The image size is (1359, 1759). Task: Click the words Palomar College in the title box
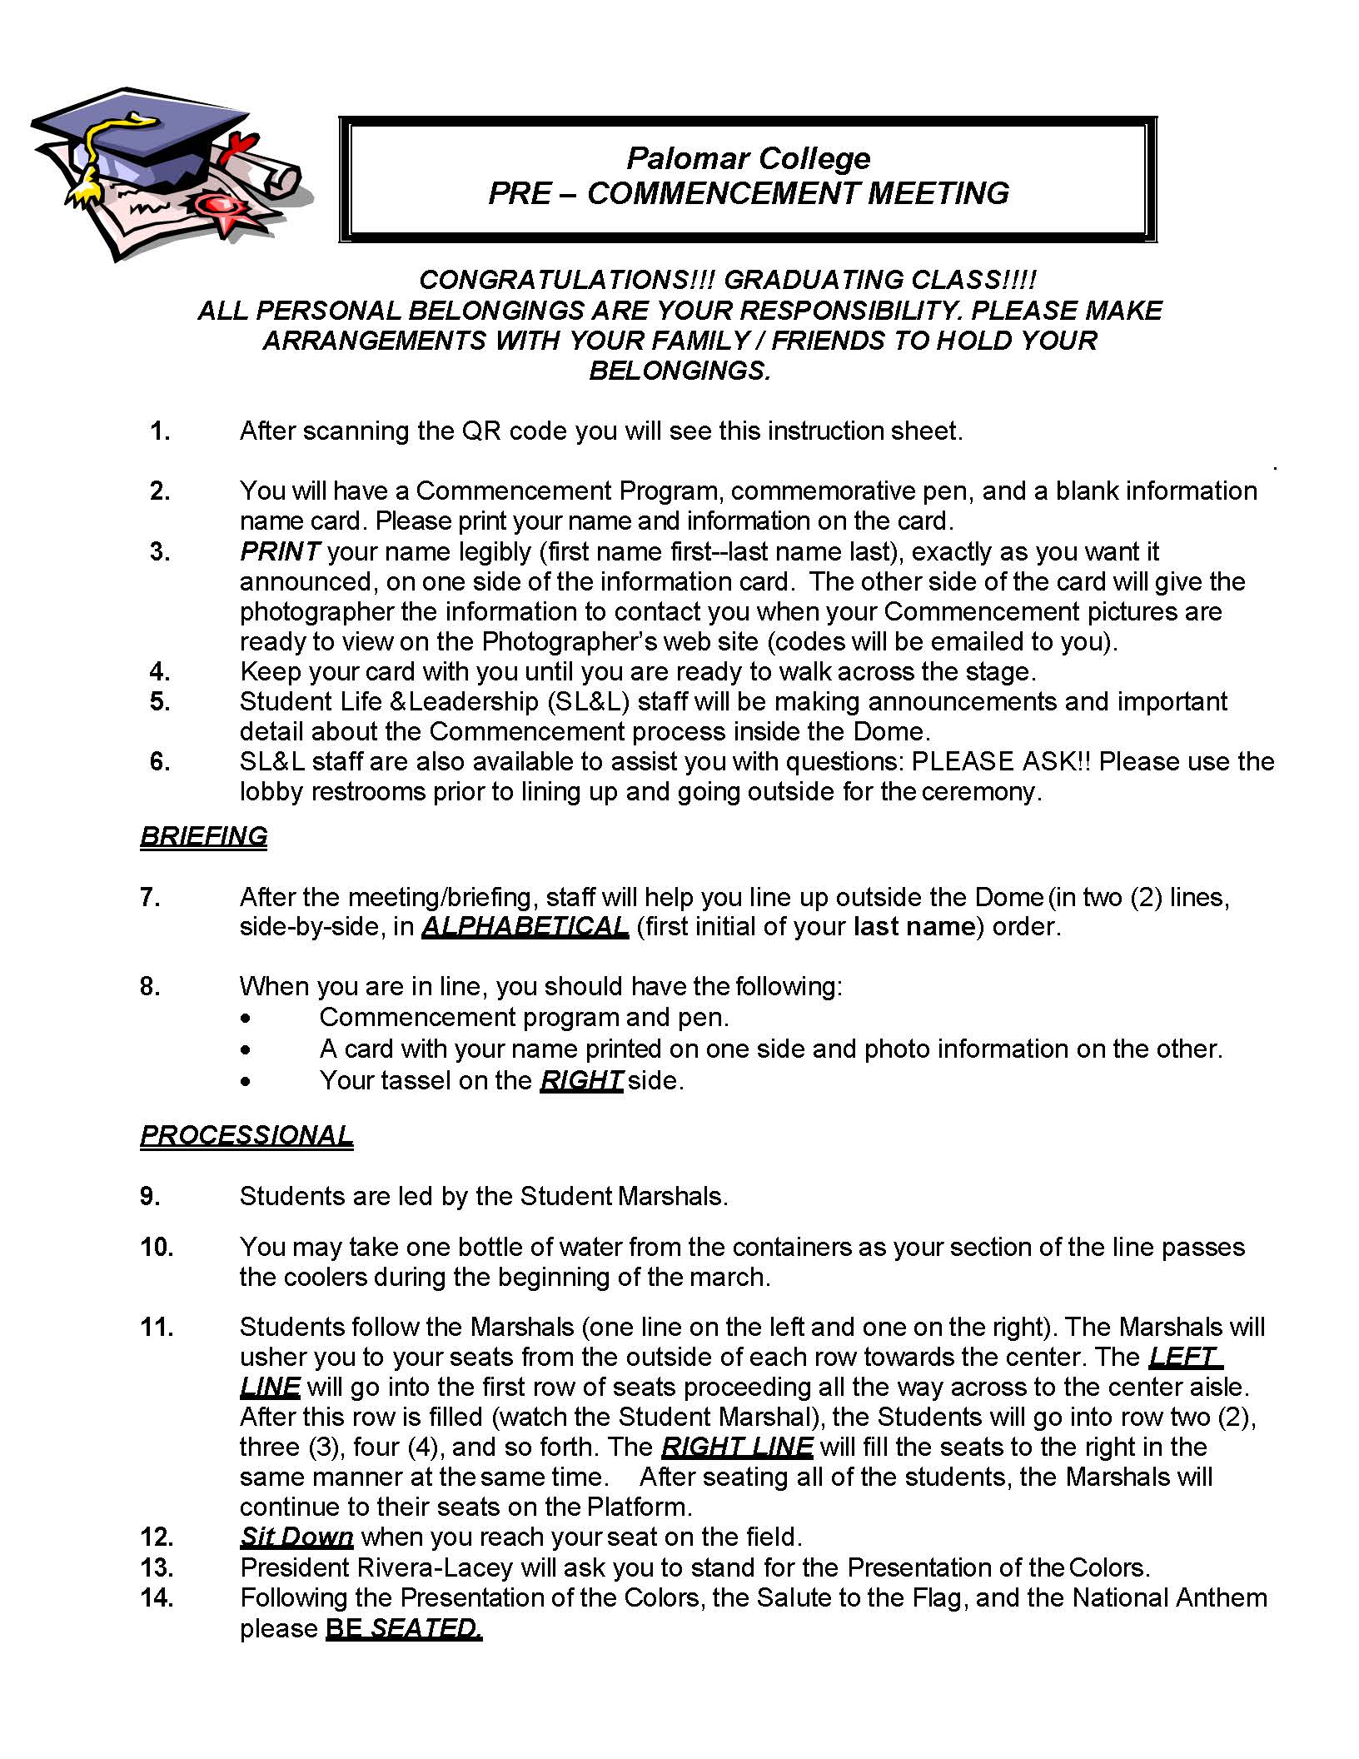pyautogui.click(x=748, y=158)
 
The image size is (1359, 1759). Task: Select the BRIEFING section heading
pyautogui.click(x=204, y=836)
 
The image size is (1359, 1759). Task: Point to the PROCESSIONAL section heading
pyautogui.click(x=246, y=1135)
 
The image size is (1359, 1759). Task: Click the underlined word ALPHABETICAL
pyautogui.click(x=525, y=927)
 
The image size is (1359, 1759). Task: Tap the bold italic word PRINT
pyautogui.click(x=280, y=551)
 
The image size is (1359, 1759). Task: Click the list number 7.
pyautogui.click(x=150, y=897)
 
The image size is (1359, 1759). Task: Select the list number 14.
pyautogui.click(x=157, y=1597)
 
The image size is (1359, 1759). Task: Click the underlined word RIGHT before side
pyautogui.click(x=581, y=1080)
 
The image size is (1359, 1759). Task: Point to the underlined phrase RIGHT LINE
pyautogui.click(x=737, y=1447)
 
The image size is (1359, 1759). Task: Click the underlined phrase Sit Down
pyautogui.click(x=296, y=1537)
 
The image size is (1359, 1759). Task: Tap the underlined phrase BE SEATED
pyautogui.click(x=404, y=1628)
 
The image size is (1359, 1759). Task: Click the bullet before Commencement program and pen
pyautogui.click(x=244, y=1019)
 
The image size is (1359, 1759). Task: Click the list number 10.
pyautogui.click(x=157, y=1247)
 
